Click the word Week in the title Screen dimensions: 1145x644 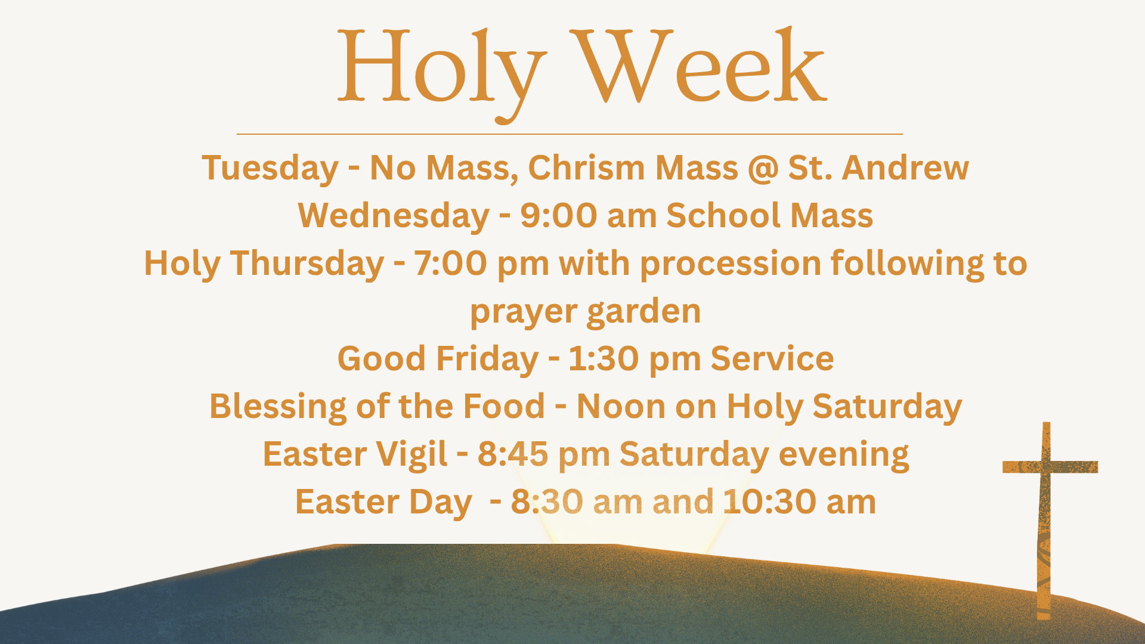tap(698, 66)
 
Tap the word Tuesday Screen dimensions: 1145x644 tap(270, 168)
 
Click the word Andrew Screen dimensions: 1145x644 tap(905, 168)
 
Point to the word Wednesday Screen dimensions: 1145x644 tap(394, 216)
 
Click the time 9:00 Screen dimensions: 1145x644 tap(558, 215)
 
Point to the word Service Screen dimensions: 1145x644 tap(772, 358)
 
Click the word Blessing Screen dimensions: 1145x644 tap(278, 407)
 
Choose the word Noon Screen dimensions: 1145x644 tap(621, 407)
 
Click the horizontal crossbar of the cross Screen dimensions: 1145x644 tap(1050, 467)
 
